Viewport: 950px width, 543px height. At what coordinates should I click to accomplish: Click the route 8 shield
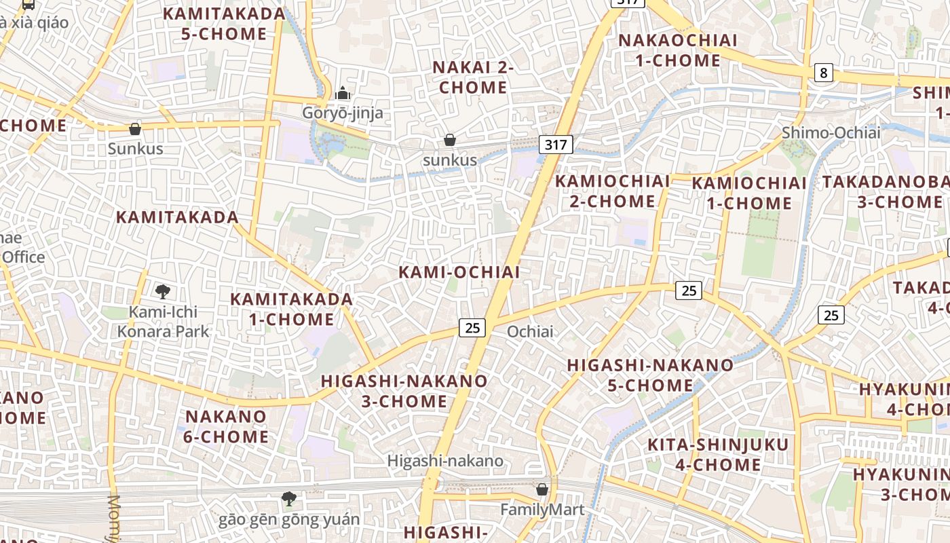click(823, 73)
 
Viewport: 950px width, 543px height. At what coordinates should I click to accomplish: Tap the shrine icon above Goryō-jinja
click(343, 93)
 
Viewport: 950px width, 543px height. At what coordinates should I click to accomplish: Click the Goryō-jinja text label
click(343, 113)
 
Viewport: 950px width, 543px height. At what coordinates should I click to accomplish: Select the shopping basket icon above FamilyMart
click(541, 489)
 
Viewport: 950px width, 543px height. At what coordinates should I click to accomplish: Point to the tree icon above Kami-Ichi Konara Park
click(162, 292)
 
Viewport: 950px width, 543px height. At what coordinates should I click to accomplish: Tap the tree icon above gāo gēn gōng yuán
click(288, 499)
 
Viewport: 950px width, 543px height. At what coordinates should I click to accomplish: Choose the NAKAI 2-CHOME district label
click(473, 77)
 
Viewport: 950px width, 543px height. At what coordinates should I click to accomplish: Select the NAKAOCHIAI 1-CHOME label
click(677, 50)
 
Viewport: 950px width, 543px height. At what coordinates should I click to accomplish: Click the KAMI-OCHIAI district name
click(459, 272)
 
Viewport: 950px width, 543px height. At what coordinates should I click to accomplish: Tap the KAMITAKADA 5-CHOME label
click(224, 24)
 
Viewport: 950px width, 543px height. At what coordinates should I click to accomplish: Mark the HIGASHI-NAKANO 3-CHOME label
click(404, 391)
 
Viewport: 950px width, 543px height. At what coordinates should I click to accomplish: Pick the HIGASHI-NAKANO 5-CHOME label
click(650, 375)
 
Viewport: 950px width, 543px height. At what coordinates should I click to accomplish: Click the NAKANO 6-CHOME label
click(225, 426)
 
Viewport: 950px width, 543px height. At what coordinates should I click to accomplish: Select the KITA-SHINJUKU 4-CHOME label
click(718, 455)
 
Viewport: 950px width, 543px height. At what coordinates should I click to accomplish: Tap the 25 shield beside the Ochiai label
click(472, 328)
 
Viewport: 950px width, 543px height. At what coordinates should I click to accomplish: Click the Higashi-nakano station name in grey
click(445, 461)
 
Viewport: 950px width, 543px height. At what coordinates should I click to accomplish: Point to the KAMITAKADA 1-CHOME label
click(291, 309)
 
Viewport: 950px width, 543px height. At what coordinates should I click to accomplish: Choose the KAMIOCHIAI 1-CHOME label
click(749, 193)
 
